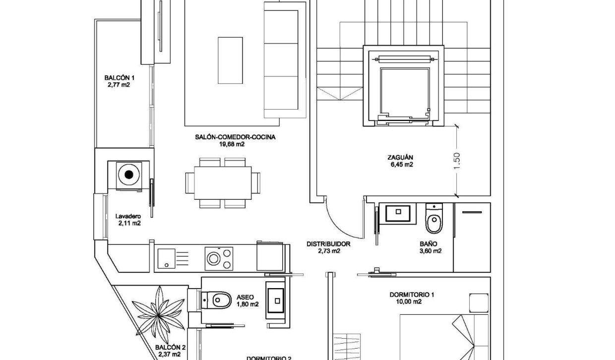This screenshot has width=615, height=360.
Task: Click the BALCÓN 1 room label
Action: [x=120, y=78]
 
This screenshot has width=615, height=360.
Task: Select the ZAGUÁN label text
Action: [x=401, y=158]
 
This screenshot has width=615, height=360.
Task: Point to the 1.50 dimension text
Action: [x=457, y=161]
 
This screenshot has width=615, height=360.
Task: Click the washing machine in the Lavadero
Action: [x=130, y=175]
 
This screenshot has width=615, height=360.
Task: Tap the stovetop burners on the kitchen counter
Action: [x=219, y=257]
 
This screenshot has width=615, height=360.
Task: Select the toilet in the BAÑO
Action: [x=433, y=221]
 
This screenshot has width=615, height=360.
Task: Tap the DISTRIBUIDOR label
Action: [x=328, y=244]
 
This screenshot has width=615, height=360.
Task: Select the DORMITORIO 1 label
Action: [x=412, y=295]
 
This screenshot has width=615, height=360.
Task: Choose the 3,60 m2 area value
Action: [x=430, y=251]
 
